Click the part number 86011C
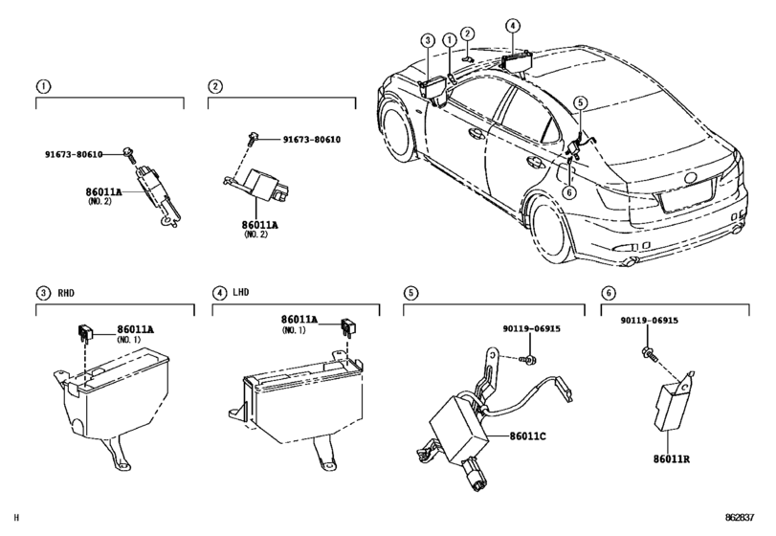[527, 436]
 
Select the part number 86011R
[671, 459]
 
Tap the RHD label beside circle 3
[66, 293]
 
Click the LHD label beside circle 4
[240, 293]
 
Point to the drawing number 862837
[740, 518]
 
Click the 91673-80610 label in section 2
[312, 140]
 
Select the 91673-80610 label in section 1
[74, 154]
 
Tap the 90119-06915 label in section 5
[532, 328]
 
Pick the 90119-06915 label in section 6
[650, 321]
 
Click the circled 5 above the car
[581, 103]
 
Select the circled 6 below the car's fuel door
[569, 192]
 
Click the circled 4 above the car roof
[512, 26]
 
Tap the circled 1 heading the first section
[44, 86]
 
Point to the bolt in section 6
[650, 353]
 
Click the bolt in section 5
[528, 360]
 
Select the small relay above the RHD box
[84, 332]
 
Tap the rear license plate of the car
[687, 196]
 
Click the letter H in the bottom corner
[16, 518]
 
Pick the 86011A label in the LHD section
[299, 320]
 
